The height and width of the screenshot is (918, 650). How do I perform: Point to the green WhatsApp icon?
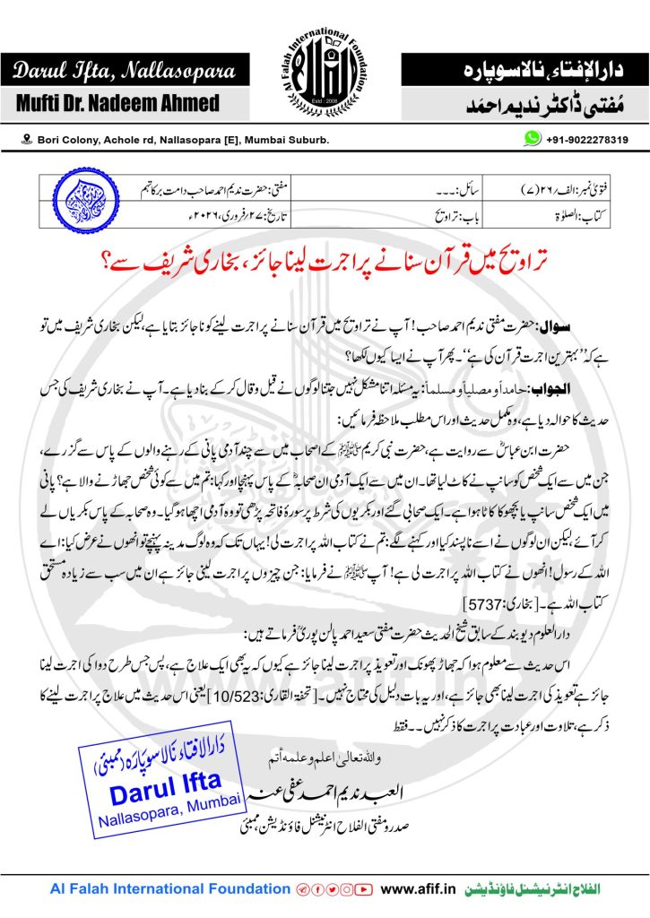[533, 139]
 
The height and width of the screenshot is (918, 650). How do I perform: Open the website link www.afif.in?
[420, 889]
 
